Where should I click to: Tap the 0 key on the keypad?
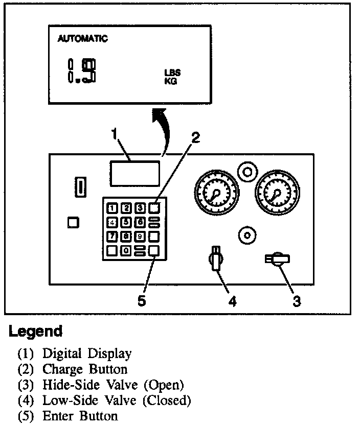tap(125, 250)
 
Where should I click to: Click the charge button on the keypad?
tap(154, 207)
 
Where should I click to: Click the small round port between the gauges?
tap(247, 172)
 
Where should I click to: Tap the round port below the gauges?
tap(247, 235)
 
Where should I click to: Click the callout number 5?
tap(142, 301)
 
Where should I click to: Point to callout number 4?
tap(232, 301)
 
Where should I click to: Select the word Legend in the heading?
tap(36, 332)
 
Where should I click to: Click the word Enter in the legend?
tap(58, 415)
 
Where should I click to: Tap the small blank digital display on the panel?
tap(134, 173)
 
